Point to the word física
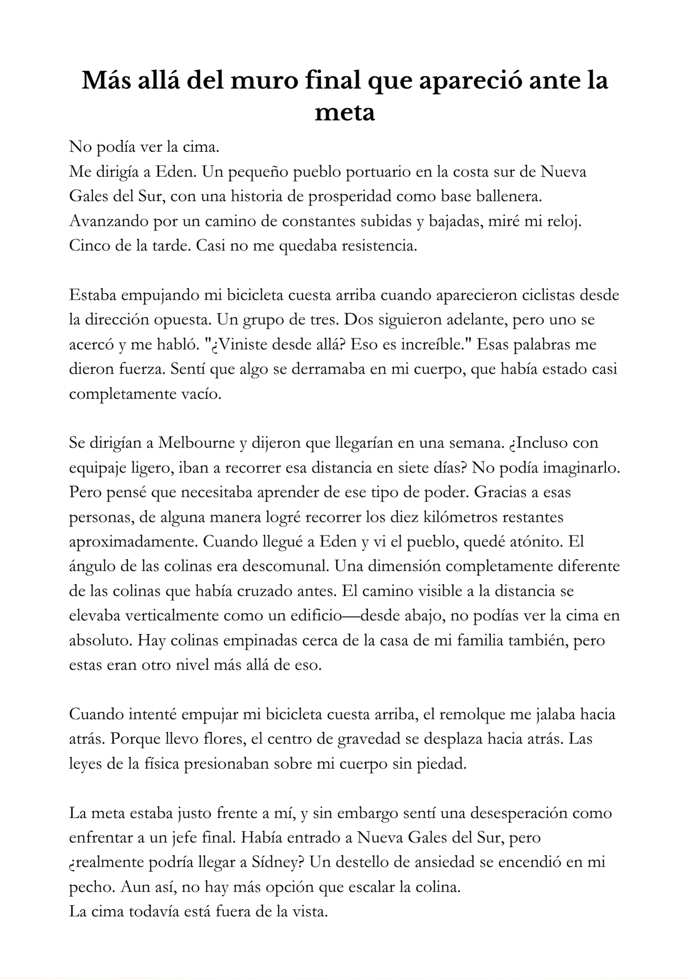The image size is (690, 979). pos(163,763)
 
